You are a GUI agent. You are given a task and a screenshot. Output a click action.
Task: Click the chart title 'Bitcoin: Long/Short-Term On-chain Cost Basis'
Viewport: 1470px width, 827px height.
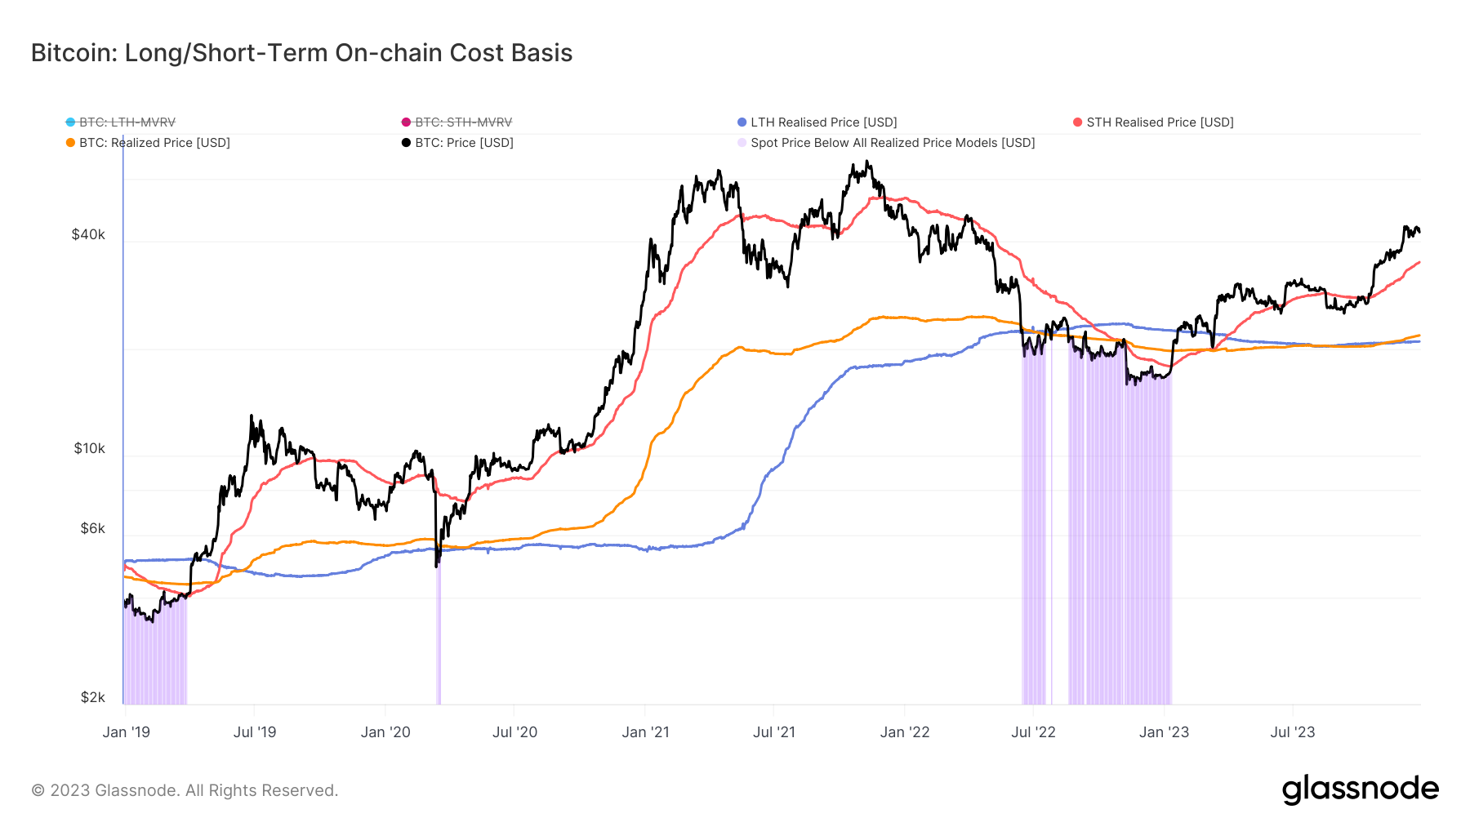pos(301,53)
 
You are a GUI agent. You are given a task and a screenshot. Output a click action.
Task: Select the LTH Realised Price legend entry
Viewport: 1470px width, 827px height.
pos(822,122)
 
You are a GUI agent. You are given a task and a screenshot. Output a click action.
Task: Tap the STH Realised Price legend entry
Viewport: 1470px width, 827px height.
pos(1159,122)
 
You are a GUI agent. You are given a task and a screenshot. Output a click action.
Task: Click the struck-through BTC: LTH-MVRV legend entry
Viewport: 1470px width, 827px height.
pos(127,122)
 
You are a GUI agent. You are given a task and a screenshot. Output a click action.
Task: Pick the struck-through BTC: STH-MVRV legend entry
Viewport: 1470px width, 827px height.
pos(462,122)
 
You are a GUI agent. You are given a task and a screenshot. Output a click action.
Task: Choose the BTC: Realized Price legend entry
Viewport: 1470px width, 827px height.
pos(154,143)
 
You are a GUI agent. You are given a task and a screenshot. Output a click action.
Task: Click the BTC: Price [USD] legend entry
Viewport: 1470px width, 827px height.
pos(463,143)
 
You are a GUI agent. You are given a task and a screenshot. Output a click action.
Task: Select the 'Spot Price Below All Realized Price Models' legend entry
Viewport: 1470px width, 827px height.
pos(892,143)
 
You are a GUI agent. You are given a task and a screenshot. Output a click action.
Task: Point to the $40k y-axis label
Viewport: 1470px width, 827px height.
pos(88,235)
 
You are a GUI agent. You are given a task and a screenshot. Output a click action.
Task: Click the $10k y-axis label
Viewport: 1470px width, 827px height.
pos(89,448)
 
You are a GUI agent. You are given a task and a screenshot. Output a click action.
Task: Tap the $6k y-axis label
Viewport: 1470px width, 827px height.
pos(92,528)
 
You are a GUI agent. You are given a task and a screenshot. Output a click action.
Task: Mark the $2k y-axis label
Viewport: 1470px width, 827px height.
pos(92,697)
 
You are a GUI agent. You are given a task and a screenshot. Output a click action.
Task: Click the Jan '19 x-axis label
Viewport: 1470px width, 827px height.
pos(127,732)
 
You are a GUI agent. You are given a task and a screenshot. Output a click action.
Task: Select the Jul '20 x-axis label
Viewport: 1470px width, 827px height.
pos(514,732)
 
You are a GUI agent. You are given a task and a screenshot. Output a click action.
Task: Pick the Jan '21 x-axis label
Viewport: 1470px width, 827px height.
pos(645,732)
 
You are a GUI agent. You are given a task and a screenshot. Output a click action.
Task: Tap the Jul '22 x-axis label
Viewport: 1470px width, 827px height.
pos(1033,732)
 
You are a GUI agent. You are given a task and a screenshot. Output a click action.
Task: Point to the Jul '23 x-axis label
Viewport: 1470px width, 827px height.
pos(1292,732)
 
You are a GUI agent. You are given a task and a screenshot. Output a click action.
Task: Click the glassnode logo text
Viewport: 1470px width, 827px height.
pos(1360,789)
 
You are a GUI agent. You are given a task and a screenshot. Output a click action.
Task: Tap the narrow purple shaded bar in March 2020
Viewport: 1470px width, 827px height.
pos(439,637)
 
